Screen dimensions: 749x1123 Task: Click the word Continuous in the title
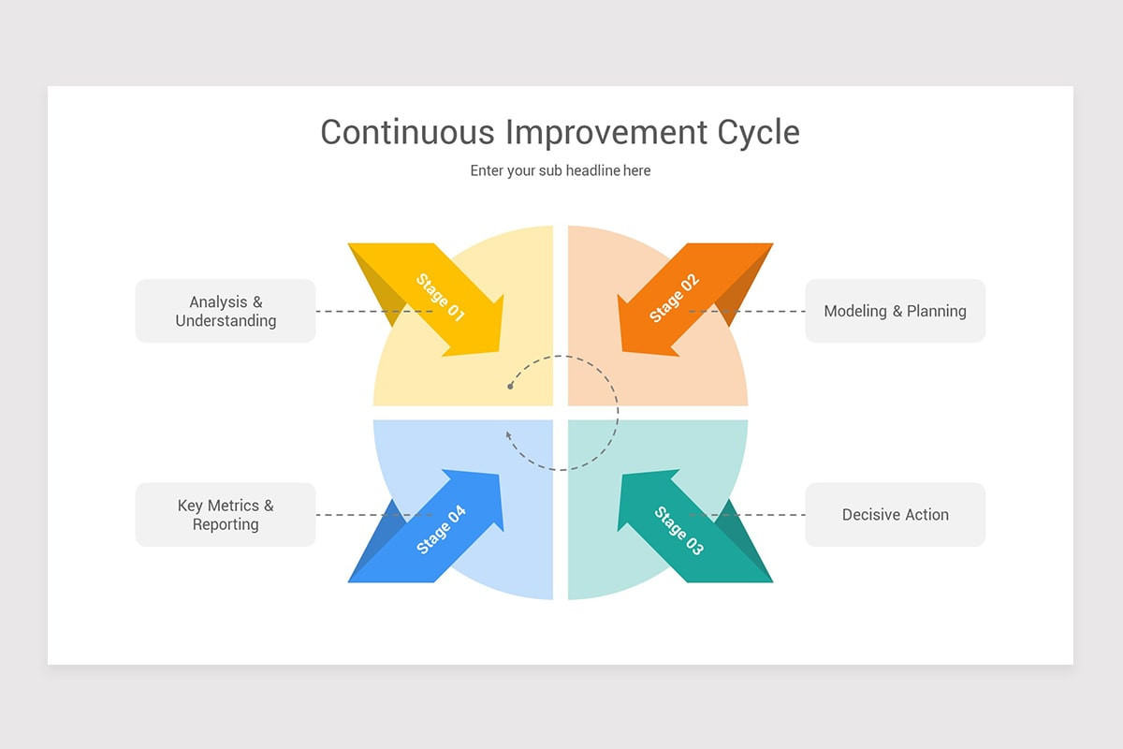pos(407,132)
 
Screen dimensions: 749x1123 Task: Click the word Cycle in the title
pos(759,132)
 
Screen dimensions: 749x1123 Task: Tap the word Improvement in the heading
pos(606,132)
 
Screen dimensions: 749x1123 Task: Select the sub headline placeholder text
pos(561,170)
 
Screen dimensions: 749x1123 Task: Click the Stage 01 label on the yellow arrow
pos(440,297)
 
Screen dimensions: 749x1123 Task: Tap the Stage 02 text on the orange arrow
pos(675,298)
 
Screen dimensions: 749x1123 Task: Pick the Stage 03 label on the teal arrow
pos(678,531)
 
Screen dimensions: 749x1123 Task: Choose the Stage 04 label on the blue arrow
pos(441,530)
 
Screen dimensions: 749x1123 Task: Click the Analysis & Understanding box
pos(226,311)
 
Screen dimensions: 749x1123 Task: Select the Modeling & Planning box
pos(895,311)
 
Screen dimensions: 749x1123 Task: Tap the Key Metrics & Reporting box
pos(226,515)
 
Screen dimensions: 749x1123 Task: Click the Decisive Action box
pos(895,515)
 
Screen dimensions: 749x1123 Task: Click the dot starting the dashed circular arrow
pos(510,386)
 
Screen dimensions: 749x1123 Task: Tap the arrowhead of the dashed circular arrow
pos(508,433)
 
